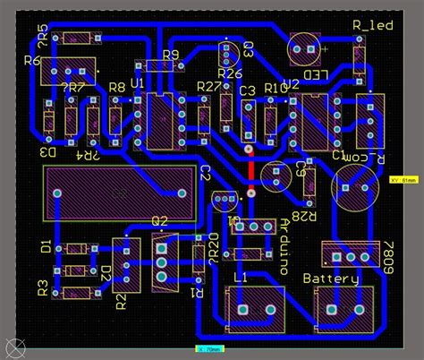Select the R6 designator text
click(32, 60)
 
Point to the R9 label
click(172, 55)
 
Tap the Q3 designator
click(248, 47)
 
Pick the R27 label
click(208, 87)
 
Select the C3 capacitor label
click(248, 90)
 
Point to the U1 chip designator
click(137, 83)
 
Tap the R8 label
click(116, 87)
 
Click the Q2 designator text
click(160, 221)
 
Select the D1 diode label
click(47, 244)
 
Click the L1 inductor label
click(241, 279)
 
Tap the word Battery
click(330, 279)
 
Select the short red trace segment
click(251, 167)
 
